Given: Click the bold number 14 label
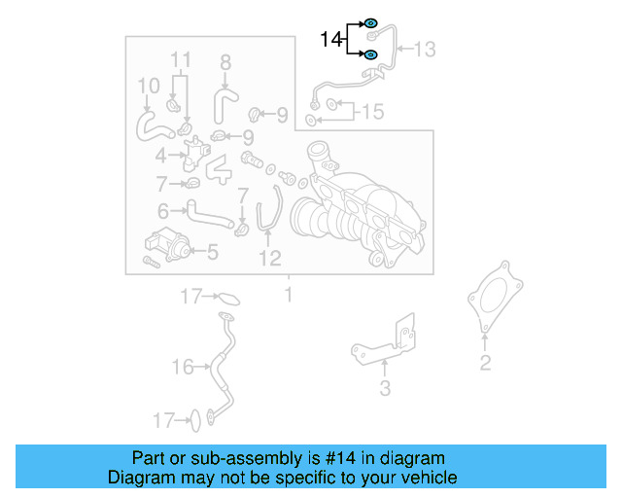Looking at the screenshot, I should pos(332,40).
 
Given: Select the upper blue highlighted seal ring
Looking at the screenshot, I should pos(370,22).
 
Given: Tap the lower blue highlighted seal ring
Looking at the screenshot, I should pos(370,55).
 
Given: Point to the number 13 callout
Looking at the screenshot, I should pos(426,48).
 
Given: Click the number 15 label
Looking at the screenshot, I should pos(373,113).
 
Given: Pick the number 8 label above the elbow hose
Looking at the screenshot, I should pos(225,63).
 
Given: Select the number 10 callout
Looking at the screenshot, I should pos(147,86).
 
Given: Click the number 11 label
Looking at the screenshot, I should pos(182,61).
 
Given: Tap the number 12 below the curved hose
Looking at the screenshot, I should pos(269,258).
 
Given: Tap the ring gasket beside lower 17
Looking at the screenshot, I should pos(196,420).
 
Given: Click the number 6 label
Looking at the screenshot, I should pos(164,209).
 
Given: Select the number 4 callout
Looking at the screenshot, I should pos(160,154).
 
